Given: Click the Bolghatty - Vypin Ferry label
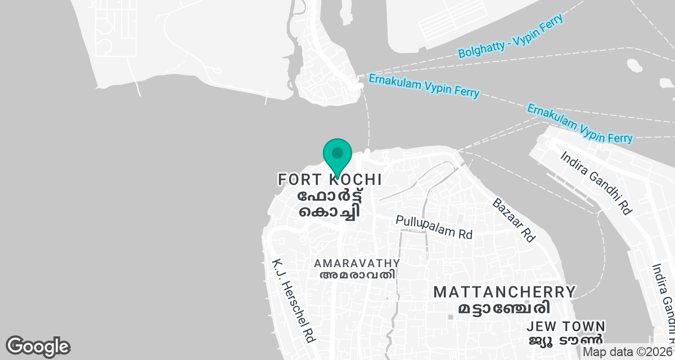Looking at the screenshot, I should (510, 37).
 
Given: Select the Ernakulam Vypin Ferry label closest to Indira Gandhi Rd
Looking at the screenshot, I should (580, 123).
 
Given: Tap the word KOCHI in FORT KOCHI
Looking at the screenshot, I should (353, 180).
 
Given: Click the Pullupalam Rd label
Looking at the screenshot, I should (434, 227).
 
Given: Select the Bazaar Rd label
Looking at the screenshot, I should (513, 220).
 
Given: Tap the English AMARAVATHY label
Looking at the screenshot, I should (357, 263).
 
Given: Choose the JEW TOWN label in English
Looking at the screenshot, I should (566, 327).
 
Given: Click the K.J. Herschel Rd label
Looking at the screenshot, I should (294, 300).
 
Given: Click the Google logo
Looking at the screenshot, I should (38, 346).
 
